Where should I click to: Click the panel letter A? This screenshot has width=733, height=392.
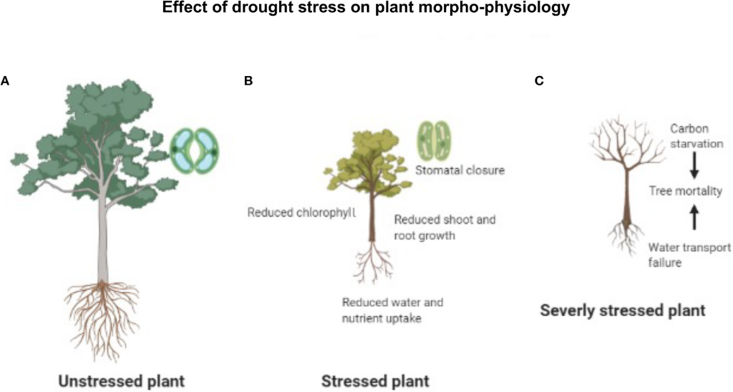tap(5, 82)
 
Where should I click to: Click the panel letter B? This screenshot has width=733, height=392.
tap(248, 82)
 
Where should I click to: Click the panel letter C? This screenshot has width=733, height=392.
tap(539, 82)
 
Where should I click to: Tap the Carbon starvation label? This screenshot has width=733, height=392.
tap(695, 137)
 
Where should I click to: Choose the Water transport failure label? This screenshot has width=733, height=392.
tap(689, 255)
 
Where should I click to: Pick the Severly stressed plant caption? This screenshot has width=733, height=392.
tap(623, 311)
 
